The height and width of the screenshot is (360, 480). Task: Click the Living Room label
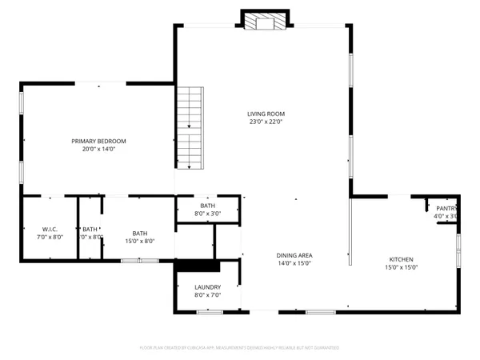click(266, 114)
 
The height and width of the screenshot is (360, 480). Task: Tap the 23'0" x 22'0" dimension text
click(266, 122)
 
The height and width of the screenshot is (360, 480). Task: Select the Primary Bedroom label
click(103, 141)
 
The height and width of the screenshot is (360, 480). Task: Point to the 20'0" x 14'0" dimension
click(103, 150)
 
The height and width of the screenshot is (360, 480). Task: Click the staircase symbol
click(190, 128)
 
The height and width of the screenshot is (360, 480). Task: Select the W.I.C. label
click(49, 229)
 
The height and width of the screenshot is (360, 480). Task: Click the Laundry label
click(207, 286)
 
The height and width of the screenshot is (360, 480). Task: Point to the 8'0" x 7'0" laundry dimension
click(207, 295)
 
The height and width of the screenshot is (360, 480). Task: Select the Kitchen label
click(401, 259)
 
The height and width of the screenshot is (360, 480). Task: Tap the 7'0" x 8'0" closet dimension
click(49, 238)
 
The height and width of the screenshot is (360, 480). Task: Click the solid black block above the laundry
click(198, 266)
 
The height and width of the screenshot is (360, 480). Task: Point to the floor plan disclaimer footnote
click(240, 348)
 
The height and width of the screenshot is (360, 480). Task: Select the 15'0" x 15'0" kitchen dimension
click(401, 269)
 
